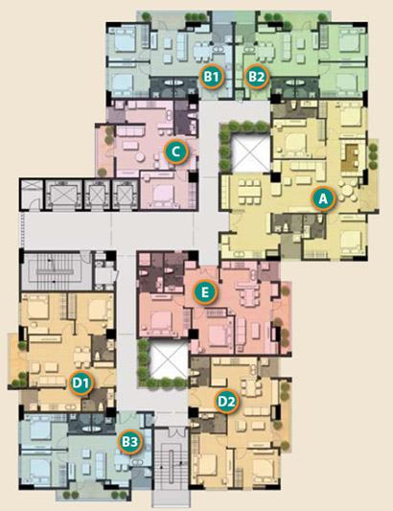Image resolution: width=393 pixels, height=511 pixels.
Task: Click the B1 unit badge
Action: click(x=212, y=77)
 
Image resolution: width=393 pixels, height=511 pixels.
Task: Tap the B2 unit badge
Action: click(x=257, y=77)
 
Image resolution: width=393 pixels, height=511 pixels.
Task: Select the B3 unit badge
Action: click(x=130, y=442)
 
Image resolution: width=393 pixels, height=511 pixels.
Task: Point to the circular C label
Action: click(x=176, y=151)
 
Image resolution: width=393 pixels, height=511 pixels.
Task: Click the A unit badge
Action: click(x=323, y=198)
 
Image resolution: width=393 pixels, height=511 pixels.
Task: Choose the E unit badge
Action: click(x=205, y=292)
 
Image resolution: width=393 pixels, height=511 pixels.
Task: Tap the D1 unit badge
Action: click(x=81, y=383)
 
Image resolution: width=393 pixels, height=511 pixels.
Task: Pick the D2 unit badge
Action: click(x=227, y=402)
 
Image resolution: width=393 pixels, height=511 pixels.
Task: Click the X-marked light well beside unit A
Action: click(x=250, y=154)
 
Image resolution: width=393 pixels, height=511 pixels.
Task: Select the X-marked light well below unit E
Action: click(x=169, y=360)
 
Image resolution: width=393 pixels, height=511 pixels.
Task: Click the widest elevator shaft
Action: click(x=62, y=195)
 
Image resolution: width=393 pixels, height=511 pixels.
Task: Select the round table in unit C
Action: click(x=141, y=157)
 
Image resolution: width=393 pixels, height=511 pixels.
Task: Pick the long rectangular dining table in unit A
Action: click(x=249, y=191)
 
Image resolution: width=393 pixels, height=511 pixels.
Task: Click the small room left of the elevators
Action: click(x=32, y=195)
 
